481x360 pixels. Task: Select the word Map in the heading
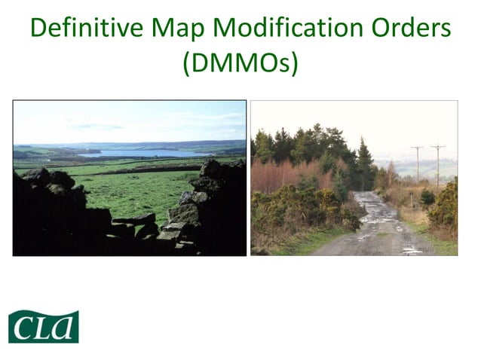tap(175, 29)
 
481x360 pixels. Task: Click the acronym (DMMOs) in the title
tap(240, 63)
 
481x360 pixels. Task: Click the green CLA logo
tap(44, 326)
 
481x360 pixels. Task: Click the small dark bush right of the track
tap(427, 197)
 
